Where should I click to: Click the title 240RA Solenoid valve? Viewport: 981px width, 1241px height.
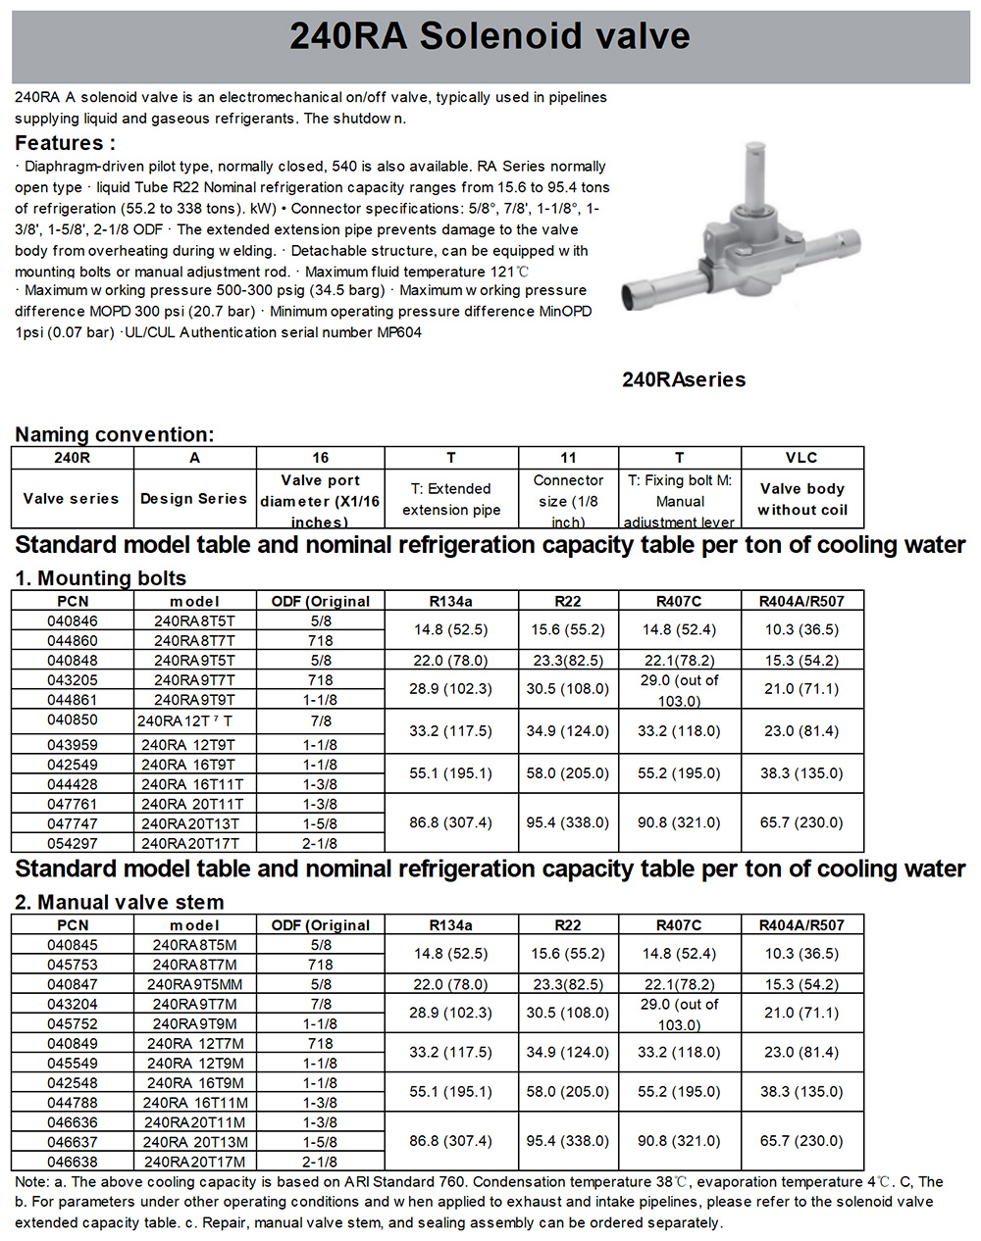coord(490,37)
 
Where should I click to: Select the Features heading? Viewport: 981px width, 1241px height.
coord(65,142)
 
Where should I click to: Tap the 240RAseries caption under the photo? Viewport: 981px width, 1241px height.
coord(684,380)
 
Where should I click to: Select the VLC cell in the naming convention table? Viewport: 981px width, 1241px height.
coord(801,458)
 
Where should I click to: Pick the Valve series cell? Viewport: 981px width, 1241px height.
coord(72,498)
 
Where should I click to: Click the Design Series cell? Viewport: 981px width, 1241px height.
coord(193,498)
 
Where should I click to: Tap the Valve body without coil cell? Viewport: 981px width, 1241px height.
coord(801,499)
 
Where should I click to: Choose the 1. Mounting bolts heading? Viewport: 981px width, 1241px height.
coord(100,578)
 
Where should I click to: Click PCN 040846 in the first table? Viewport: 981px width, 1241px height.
coord(73,620)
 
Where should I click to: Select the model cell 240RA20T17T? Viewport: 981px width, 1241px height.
coord(190,843)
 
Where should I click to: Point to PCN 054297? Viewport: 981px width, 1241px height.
coord(73,843)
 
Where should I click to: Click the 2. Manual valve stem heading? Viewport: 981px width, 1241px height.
coord(119,902)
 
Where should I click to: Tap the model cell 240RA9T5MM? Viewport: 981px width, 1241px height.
coord(194,984)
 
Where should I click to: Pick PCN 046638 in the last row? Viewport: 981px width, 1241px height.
coord(73,1162)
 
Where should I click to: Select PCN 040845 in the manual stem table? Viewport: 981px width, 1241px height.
coord(73,945)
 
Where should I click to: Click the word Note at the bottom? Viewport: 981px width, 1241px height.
coord(31,1182)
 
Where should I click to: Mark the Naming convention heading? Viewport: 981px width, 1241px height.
coord(114,434)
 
